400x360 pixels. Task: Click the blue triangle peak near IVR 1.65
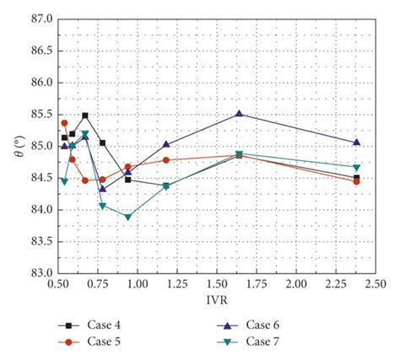(x=239, y=113)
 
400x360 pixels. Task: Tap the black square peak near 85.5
(x=85, y=116)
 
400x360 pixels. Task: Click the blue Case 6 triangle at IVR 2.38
(x=356, y=142)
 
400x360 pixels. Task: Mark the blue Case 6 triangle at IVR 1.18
(x=165, y=144)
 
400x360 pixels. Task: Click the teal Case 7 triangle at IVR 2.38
(x=356, y=167)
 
